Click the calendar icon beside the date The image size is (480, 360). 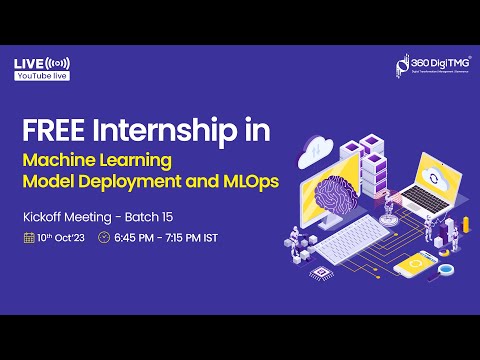[x=29, y=238]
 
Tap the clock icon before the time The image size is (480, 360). [x=105, y=238]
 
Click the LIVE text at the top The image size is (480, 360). [x=27, y=63]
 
